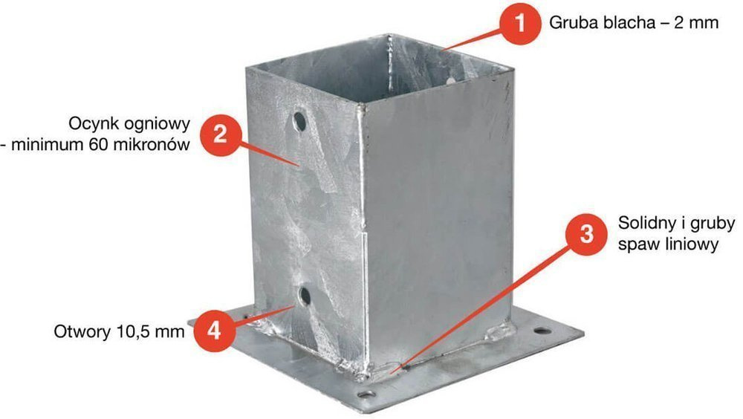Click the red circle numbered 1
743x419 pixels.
coord(521,23)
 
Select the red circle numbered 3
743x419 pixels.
coord(587,234)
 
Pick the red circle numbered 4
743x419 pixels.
coord(215,331)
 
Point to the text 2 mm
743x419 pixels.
coord(697,22)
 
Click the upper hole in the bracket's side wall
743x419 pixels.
coord(299,121)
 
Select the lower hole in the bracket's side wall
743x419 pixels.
coord(305,296)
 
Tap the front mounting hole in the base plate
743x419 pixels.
coord(366,394)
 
